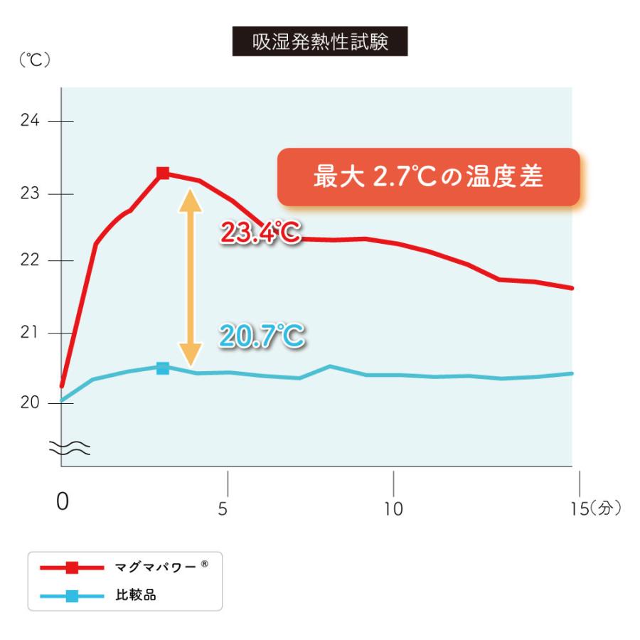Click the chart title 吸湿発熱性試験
pos(320,42)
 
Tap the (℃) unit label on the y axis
pos(33,61)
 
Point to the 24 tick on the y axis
pos(29,121)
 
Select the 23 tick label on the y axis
pos(29,194)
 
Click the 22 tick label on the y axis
pos(29,261)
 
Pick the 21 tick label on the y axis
pos(29,333)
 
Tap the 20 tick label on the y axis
pos(29,402)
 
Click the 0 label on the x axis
pos(63,503)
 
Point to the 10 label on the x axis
pos(393,509)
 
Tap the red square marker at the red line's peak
pos(163,173)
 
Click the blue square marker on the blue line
pos(163,368)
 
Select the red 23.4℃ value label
pos(261,233)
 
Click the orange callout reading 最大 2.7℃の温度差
pos(428,177)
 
